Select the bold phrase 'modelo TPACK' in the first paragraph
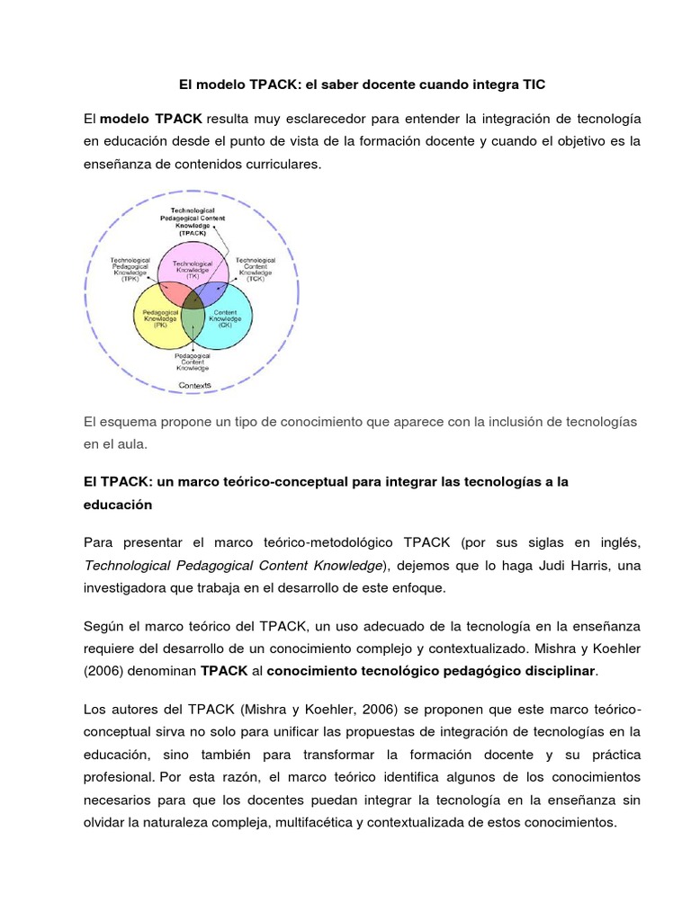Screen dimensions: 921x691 pyautogui.click(x=151, y=119)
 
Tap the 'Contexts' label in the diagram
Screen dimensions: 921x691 pyautogui.click(x=194, y=384)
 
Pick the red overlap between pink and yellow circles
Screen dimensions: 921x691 pyautogui.click(x=174, y=292)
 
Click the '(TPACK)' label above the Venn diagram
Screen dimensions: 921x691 pyautogui.click(x=192, y=231)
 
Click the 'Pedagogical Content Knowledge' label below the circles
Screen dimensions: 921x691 pyautogui.click(x=192, y=362)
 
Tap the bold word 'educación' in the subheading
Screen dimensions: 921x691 pyautogui.click(x=118, y=505)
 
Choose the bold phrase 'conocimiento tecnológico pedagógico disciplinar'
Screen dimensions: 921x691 pyautogui.click(x=432, y=670)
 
